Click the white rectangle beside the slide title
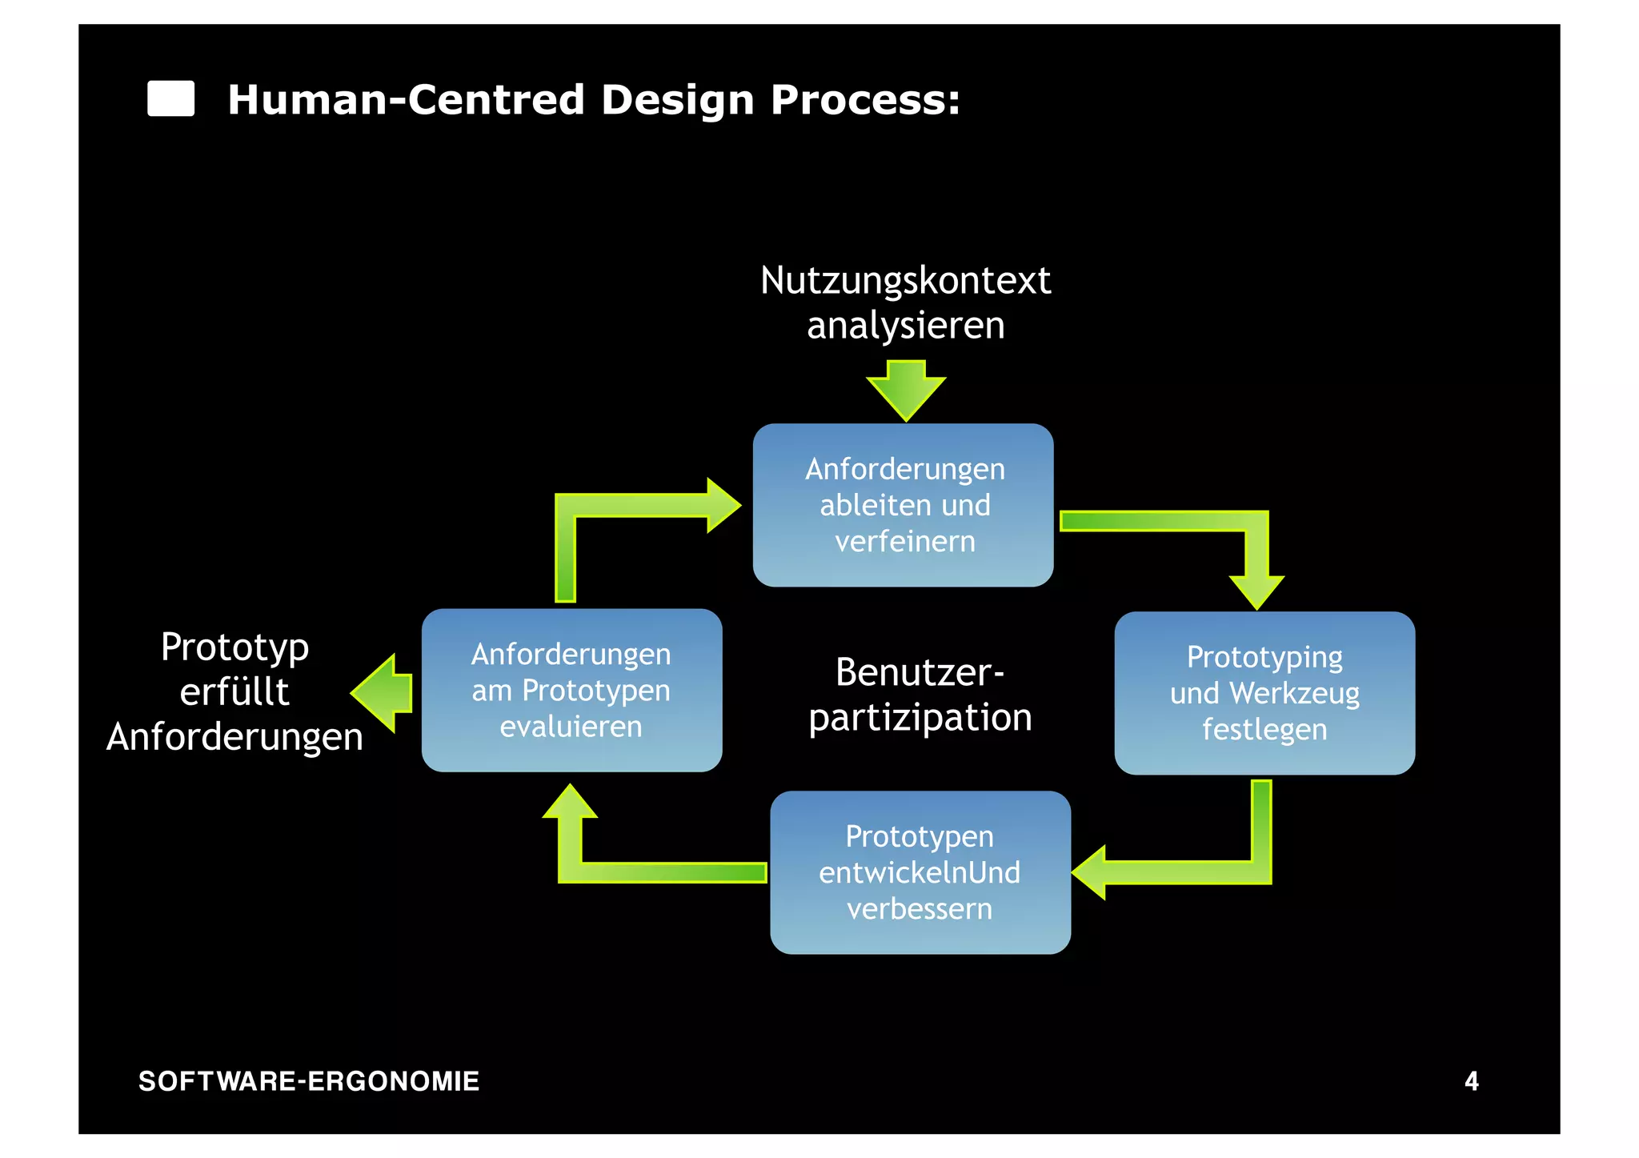pos(170,99)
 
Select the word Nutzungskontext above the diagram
pos(905,281)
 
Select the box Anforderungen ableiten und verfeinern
pos(903,505)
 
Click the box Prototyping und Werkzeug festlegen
pos(1264,693)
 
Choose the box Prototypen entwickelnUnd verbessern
pos(920,872)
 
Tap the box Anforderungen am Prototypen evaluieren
pos(571,690)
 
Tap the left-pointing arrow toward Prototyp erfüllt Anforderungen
pos(383,693)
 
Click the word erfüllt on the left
pos(234,692)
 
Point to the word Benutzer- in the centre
pos(920,672)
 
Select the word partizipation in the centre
pos(920,718)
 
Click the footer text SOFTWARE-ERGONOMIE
pos(309,1081)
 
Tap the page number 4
pos(1471,1081)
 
